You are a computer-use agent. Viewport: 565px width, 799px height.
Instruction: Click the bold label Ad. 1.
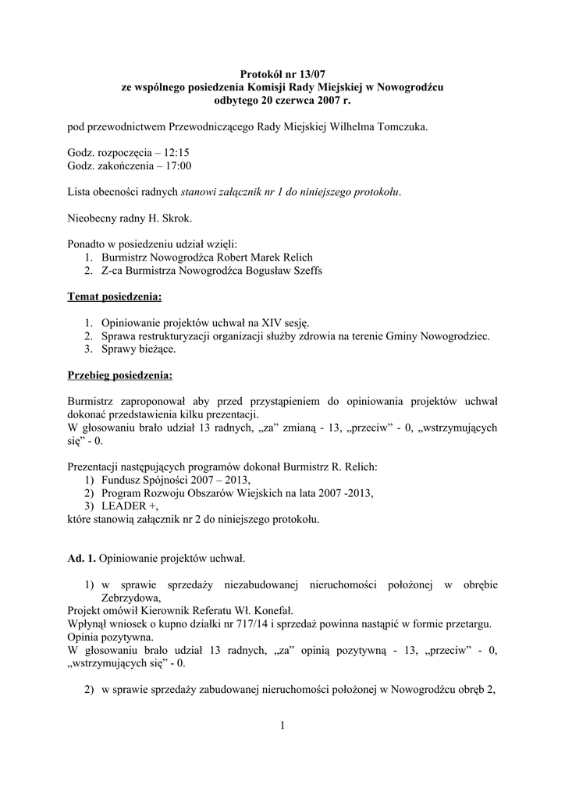81,559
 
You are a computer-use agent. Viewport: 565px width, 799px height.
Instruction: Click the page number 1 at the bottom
282,727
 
